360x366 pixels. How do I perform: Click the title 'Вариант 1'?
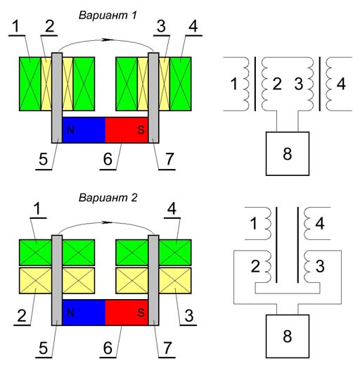click(108, 15)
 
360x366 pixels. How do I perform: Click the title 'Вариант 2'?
click(108, 198)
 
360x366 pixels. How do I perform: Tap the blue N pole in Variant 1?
click(84, 130)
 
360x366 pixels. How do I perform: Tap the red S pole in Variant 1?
click(127, 130)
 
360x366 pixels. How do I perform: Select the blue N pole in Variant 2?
click(84, 313)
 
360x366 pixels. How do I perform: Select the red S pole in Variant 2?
click(127, 313)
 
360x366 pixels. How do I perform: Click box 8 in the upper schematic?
click(288, 153)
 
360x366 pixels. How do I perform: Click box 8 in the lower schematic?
click(288, 336)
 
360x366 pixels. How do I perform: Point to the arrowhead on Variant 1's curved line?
click(106, 39)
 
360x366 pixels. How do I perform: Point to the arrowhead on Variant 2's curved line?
click(106, 222)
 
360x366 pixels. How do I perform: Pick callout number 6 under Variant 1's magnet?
click(108, 159)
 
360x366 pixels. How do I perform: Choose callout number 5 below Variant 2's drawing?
click(44, 348)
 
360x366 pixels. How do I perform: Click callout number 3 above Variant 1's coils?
click(162, 26)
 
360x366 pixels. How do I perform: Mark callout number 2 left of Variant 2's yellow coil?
click(22, 315)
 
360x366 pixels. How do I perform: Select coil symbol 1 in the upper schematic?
click(245, 84)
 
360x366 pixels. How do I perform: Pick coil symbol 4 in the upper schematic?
click(329, 84)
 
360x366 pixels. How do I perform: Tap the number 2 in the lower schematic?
click(255, 266)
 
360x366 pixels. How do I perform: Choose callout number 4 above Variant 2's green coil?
click(172, 209)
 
